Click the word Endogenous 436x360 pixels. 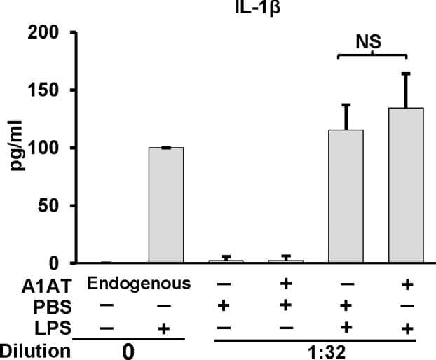pos(139,284)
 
